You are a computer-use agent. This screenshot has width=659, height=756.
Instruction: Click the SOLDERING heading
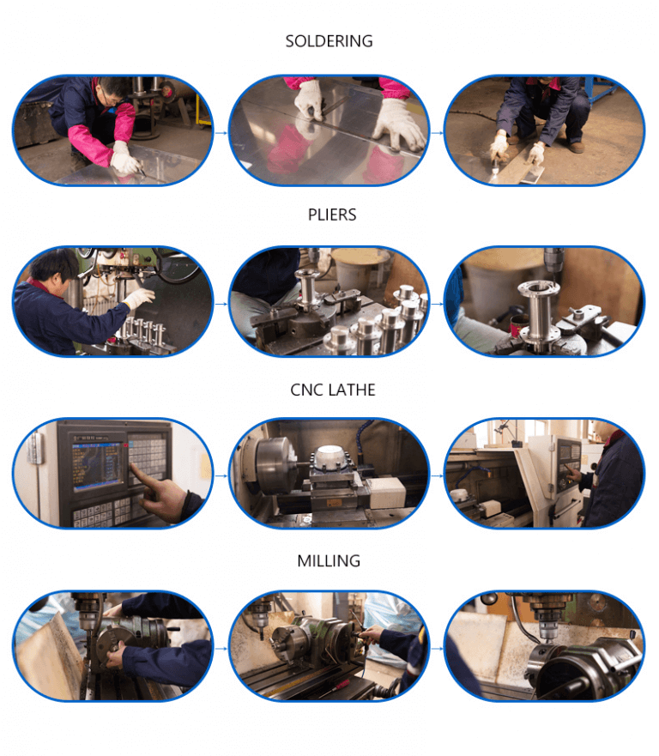(x=329, y=41)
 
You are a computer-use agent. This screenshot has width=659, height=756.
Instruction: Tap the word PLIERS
(x=332, y=215)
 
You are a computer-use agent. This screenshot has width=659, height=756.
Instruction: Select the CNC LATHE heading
(x=332, y=390)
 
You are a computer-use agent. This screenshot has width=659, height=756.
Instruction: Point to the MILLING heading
(x=329, y=561)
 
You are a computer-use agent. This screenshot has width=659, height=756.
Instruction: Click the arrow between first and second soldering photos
(x=221, y=133)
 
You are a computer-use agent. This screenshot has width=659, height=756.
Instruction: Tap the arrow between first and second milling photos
(x=221, y=648)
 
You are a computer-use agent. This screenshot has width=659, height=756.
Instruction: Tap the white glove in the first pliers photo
(x=138, y=299)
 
